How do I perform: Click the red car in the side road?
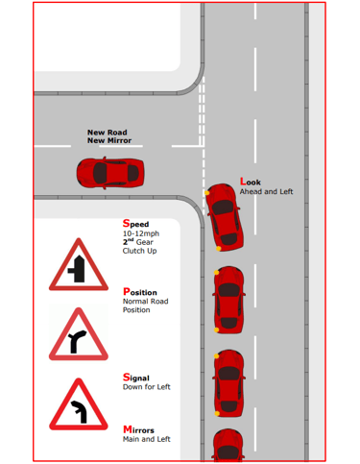point(110,173)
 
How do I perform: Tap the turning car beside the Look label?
point(224,217)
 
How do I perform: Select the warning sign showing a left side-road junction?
point(79,264)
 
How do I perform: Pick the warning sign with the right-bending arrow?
point(79,334)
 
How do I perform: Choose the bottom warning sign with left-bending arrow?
point(79,404)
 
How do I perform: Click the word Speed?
point(135,223)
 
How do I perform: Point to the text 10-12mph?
point(141,233)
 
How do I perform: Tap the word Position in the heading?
point(140,292)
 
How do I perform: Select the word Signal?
point(136,378)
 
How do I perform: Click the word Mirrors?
point(138,429)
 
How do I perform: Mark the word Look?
point(251,182)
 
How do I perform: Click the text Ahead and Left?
point(266,191)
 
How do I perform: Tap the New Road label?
point(108,133)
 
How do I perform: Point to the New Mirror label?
point(109,140)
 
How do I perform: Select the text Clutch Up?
point(139,251)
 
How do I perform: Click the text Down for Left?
point(147,387)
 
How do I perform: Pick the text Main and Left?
point(147,439)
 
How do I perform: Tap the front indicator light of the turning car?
point(207,193)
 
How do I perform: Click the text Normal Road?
point(146,302)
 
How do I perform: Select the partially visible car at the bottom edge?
point(228,446)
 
